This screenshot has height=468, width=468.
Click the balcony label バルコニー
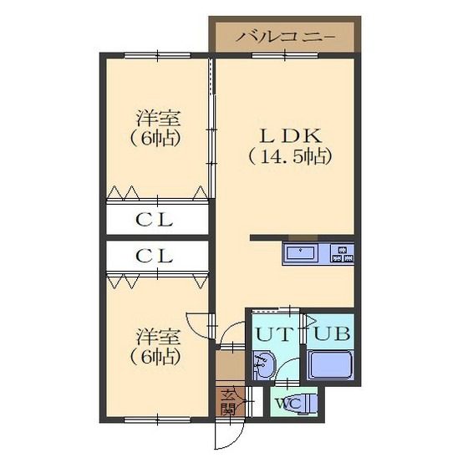coord(284,37)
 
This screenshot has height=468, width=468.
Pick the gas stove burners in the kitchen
coord(342,252)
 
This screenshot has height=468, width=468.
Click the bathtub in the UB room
coord(331,365)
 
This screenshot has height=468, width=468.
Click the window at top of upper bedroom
coord(156,56)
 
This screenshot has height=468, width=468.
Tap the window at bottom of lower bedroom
coord(156,419)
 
